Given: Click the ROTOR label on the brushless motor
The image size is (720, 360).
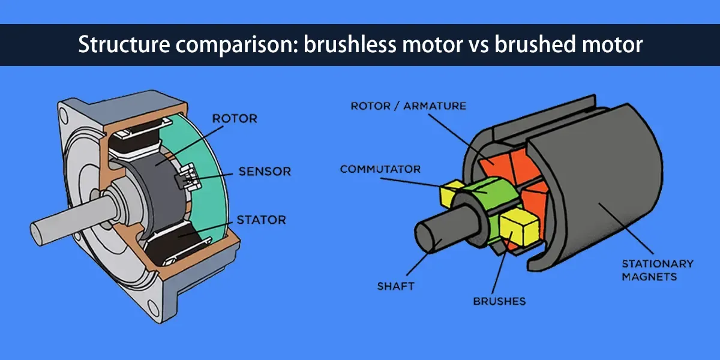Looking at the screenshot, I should pos(235,119).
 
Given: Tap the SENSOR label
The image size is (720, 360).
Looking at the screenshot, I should pos(264,172).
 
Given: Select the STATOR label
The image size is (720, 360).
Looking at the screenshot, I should pos(260,220).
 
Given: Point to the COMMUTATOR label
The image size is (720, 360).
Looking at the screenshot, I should pos(380,169).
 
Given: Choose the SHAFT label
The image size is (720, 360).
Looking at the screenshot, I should pos(395,286).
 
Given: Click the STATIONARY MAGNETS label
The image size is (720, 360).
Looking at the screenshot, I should pos(657,270).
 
